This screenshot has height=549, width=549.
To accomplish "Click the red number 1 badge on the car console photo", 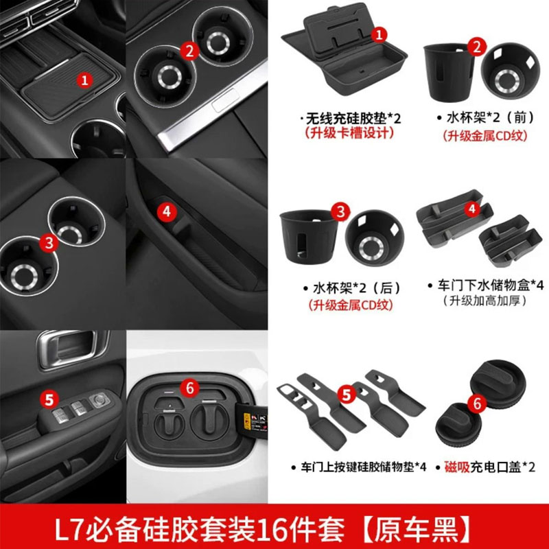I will (x=84, y=80).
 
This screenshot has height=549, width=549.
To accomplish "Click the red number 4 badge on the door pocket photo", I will (x=166, y=211).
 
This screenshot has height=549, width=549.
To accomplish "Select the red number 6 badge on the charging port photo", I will (x=189, y=387).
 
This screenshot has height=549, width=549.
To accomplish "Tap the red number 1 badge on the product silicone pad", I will (x=382, y=33).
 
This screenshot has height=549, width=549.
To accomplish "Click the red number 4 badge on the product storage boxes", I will (x=471, y=208).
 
